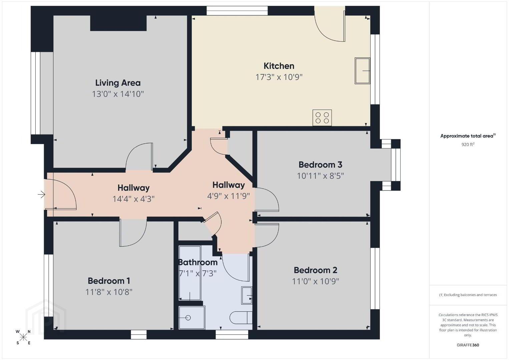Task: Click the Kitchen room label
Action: (279, 66)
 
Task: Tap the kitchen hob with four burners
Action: (322, 118)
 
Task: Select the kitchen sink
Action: (362, 71)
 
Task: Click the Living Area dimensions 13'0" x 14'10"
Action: (118, 94)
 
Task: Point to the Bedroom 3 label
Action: (320, 165)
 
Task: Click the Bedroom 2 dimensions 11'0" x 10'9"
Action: (316, 281)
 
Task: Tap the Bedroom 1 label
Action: (109, 281)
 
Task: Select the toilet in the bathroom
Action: (241, 318)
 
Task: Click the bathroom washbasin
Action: (247, 295)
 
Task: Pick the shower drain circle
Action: (188, 318)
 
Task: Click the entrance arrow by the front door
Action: (41, 194)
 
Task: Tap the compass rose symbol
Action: (23, 338)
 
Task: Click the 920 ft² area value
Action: (468, 144)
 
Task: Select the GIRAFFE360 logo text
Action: (468, 345)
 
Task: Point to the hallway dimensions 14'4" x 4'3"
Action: (133, 199)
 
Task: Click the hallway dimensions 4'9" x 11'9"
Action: (228, 196)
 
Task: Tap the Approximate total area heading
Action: (468, 136)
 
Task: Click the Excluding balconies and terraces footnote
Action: (468, 295)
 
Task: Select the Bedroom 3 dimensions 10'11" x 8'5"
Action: (321, 176)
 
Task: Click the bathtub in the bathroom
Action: (190, 273)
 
